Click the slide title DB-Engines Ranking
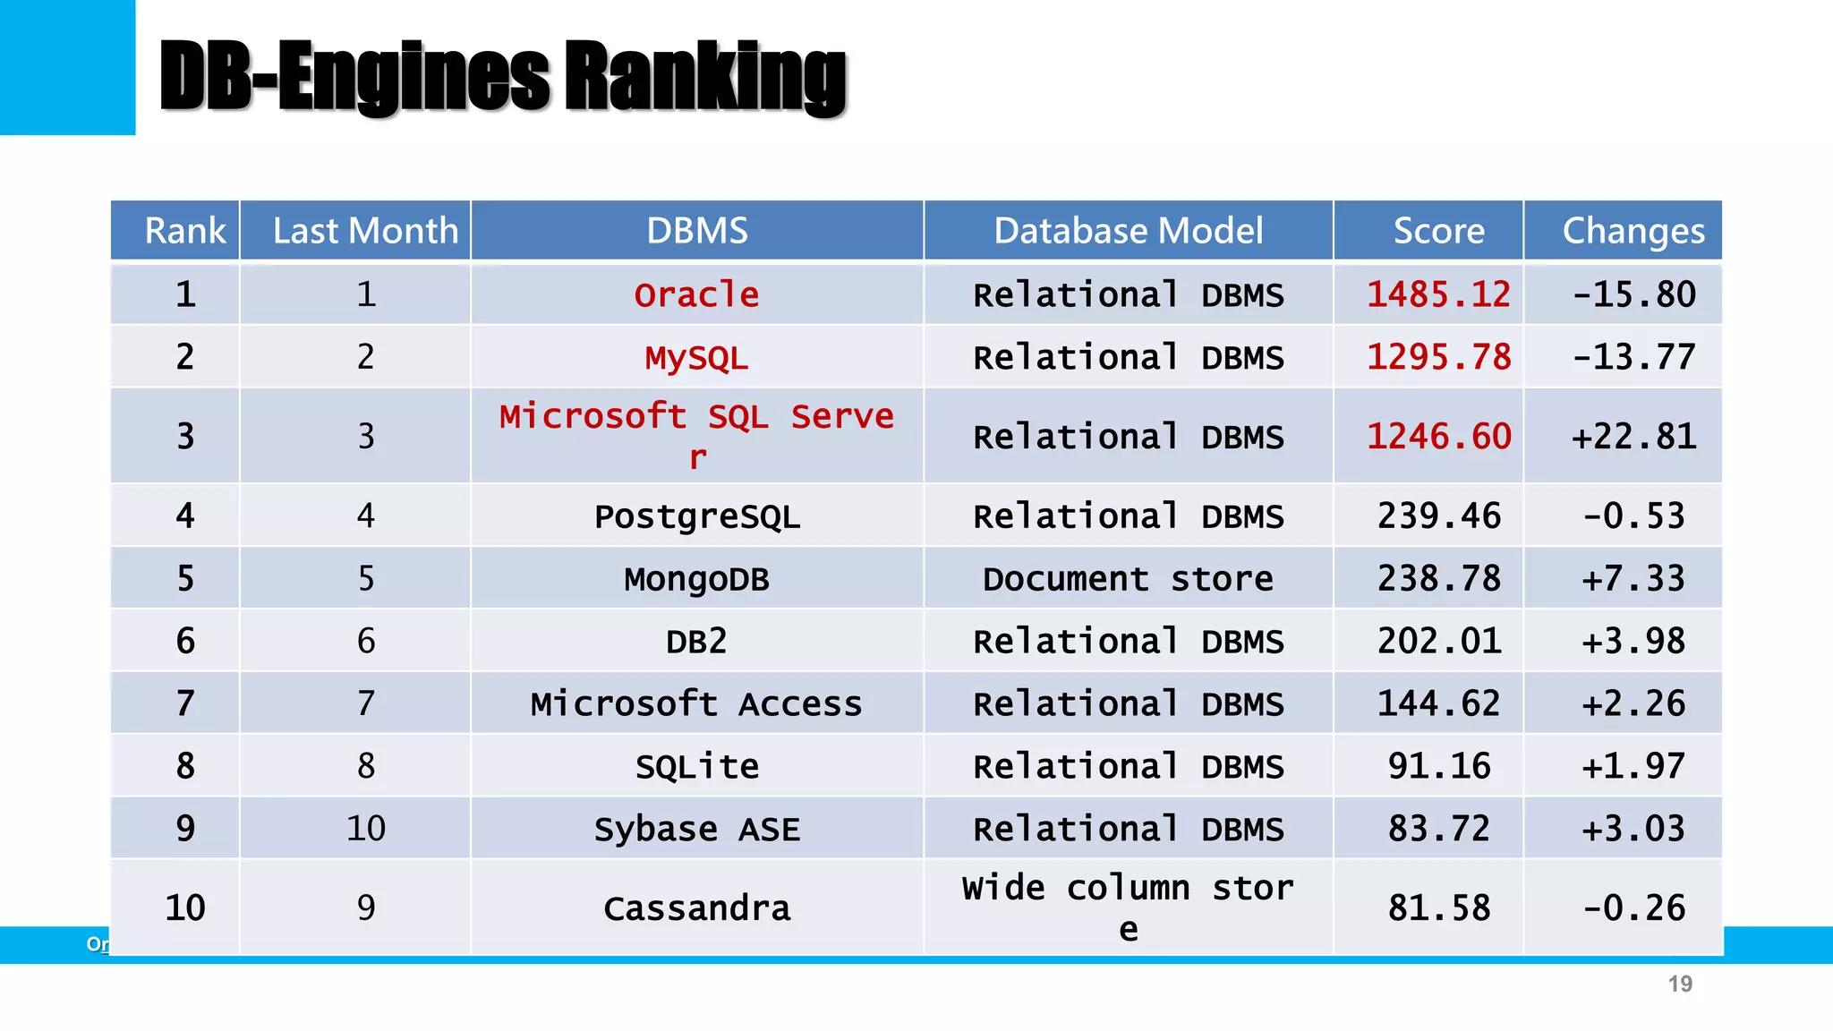502,79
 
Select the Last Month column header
365,231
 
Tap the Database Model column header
1128,231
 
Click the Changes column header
1633,231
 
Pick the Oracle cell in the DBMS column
696,294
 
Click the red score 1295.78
1437,357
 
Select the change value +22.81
1633,437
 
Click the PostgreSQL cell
696,516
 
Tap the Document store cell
1128,579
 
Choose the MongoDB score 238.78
1437,579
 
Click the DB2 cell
696,642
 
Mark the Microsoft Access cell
696,704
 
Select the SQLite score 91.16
1437,766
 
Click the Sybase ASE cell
696,829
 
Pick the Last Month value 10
365,829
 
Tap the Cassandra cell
696,908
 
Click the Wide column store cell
1128,907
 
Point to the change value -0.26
1633,908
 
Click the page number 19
1679,984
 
